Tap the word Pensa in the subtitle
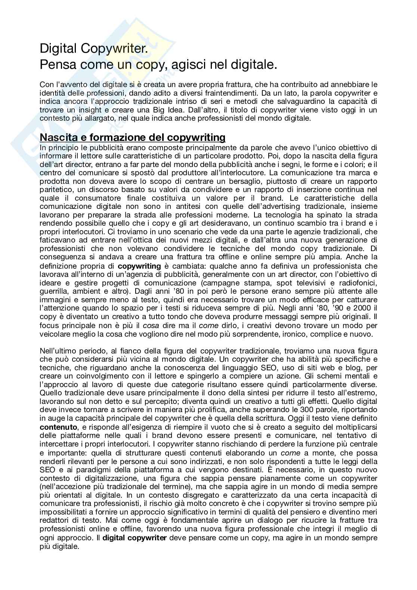tap(56, 65)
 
